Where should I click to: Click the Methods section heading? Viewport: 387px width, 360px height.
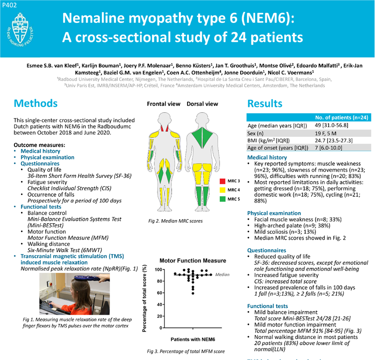(36, 103)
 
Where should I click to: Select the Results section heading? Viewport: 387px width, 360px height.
(265, 104)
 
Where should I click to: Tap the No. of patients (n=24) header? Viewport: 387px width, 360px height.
(341, 118)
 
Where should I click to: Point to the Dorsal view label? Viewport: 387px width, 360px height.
(202, 104)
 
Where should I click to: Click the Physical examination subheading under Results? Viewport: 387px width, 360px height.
(274, 213)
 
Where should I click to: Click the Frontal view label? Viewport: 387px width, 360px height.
(164, 104)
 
